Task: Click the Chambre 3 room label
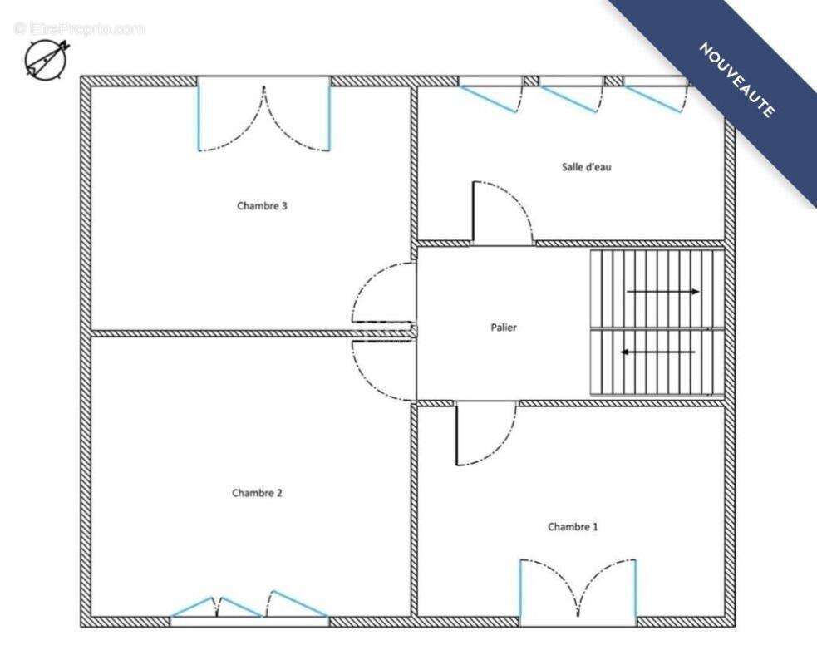tap(262, 206)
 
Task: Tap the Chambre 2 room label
tap(257, 493)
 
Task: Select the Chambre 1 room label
tap(573, 527)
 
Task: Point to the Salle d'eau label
tap(586, 167)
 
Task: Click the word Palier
tap(504, 328)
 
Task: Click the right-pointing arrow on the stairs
tap(662, 292)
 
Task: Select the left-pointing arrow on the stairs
tap(657, 352)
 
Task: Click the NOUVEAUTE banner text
tap(736, 80)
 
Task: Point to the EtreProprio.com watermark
tap(80, 28)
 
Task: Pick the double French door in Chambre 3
tap(263, 114)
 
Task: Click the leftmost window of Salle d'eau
tap(491, 94)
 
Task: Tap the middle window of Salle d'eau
tap(572, 94)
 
